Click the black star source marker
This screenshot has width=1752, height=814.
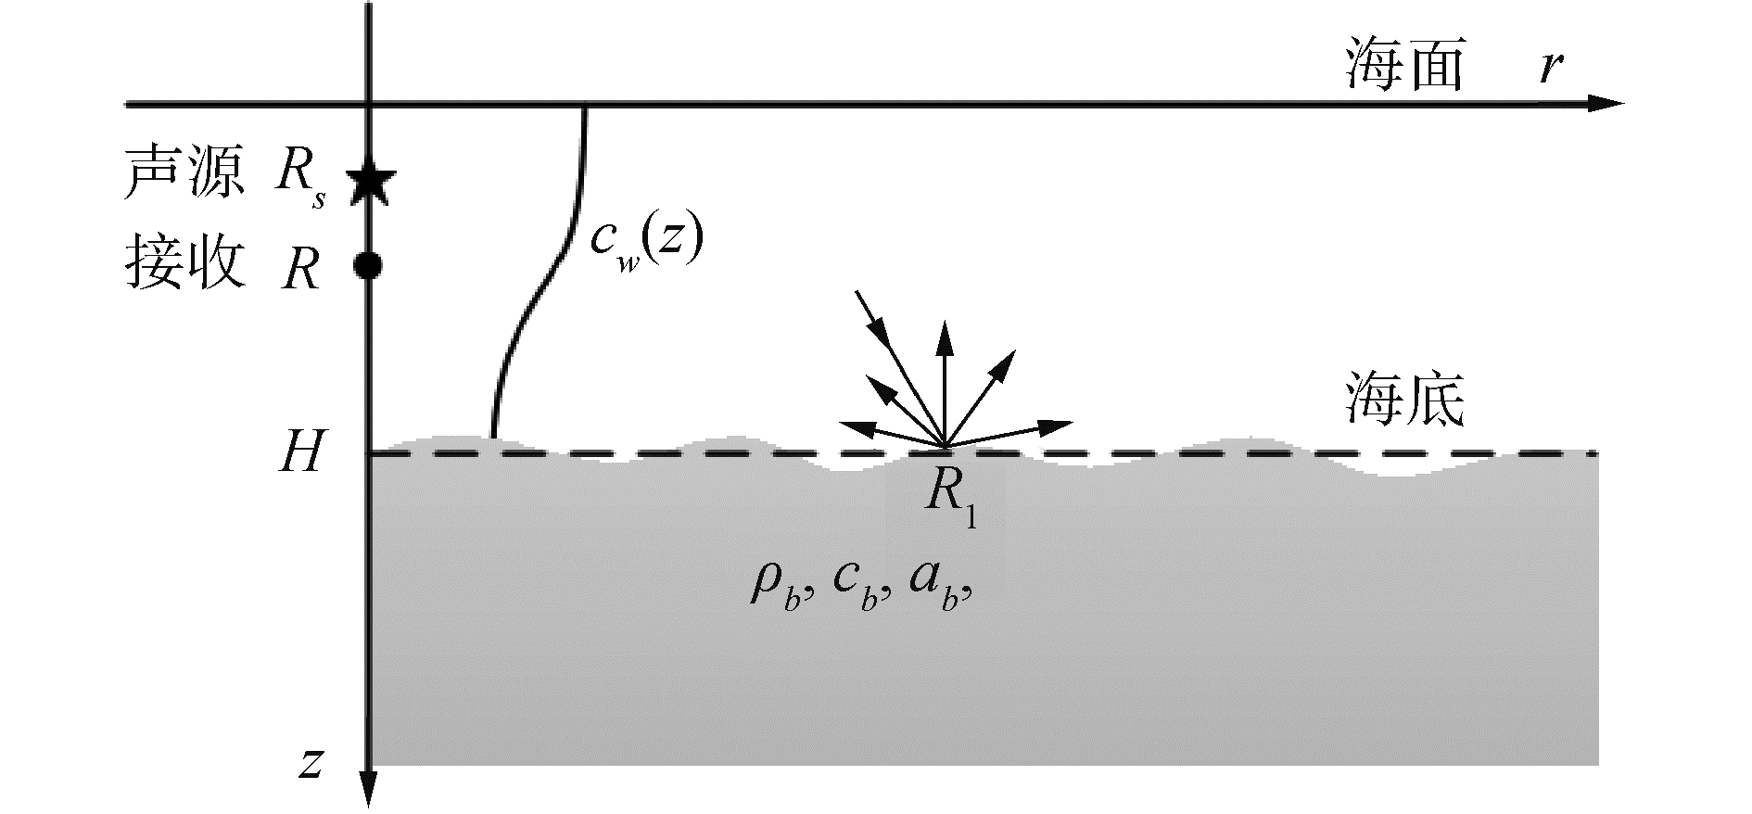click(x=371, y=183)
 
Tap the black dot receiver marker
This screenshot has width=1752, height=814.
click(x=369, y=266)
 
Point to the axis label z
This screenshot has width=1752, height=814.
click(x=311, y=763)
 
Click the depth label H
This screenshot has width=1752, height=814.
click(x=300, y=453)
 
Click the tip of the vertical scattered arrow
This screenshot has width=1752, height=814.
click(x=945, y=326)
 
